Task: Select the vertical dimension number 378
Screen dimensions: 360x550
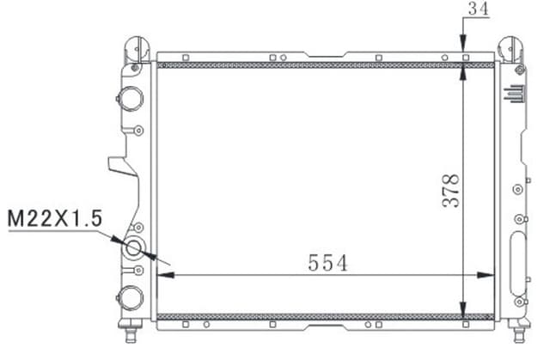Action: pos(449,191)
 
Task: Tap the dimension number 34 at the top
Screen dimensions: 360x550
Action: pos(478,9)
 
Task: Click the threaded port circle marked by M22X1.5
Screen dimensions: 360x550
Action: pos(135,250)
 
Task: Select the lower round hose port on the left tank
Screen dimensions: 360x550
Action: pos(130,296)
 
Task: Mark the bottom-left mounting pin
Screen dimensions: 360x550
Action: pos(133,329)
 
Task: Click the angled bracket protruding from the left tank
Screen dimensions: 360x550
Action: pos(119,172)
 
